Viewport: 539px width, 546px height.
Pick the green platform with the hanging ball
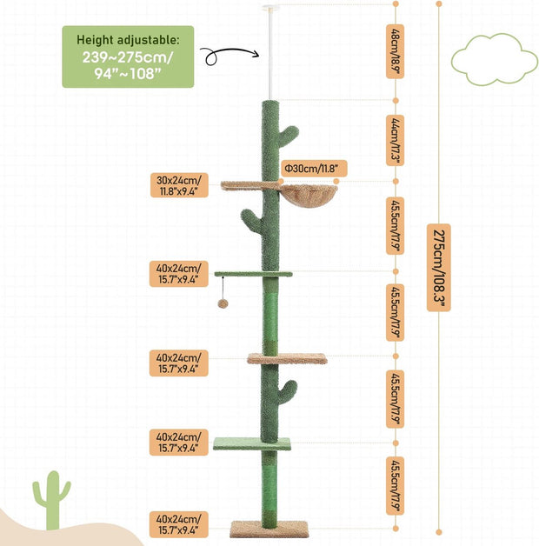coord(253,274)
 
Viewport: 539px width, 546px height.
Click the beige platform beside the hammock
coord(243,185)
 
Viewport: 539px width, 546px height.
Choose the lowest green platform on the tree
coord(252,443)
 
